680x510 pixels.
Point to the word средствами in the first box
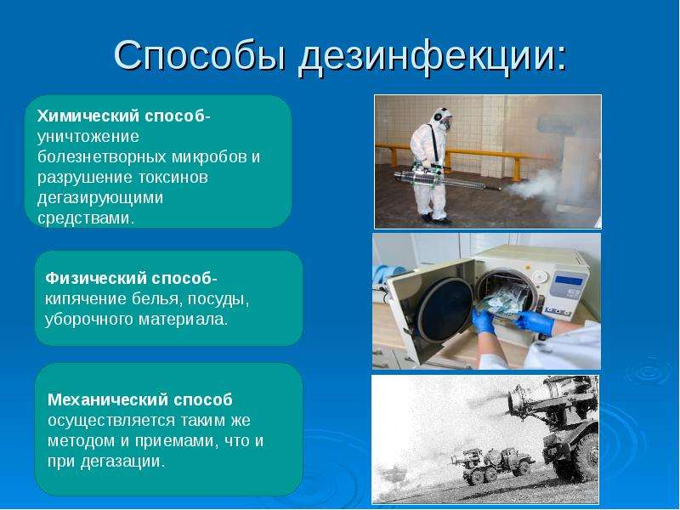point(86,218)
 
